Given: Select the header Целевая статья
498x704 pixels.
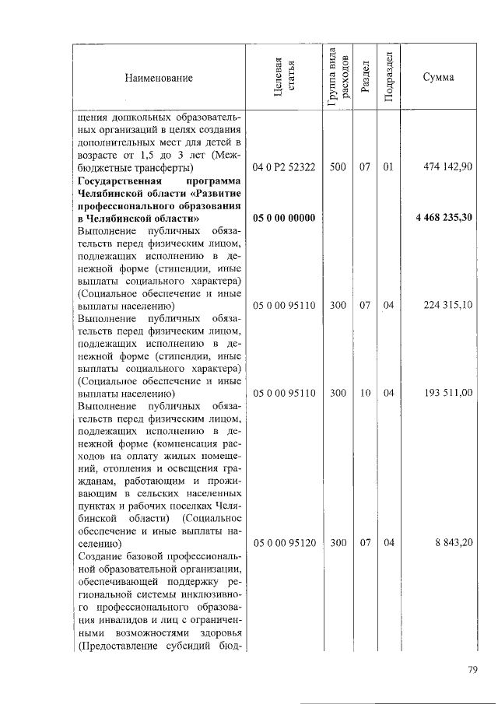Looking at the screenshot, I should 283,78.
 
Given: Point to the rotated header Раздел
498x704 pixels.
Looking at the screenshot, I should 364,77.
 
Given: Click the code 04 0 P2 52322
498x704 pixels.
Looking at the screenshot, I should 283,167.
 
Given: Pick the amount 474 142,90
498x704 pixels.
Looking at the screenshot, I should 448,167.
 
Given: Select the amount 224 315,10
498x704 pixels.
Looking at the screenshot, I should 448,306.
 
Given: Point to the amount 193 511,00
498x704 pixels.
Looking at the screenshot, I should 448,394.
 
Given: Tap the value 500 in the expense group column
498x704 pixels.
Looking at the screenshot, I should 338,167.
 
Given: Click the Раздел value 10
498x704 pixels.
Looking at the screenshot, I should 364,394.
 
